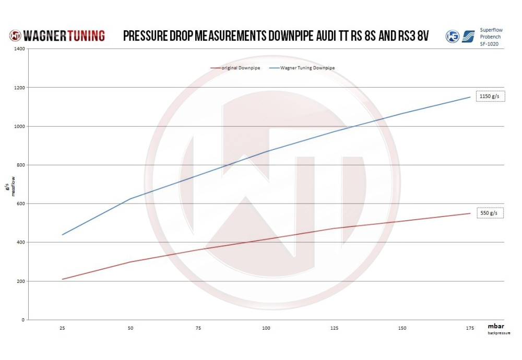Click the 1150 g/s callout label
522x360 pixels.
[490, 97]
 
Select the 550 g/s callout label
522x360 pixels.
[490, 213]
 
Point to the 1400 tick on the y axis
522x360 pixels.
[19, 49]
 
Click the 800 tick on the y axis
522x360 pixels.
[20, 165]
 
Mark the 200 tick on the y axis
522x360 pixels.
[20, 281]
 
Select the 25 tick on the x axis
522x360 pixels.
[63, 328]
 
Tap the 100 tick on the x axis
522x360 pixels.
[266, 328]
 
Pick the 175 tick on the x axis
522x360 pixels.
[470, 328]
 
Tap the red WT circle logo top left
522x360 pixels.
[16, 35]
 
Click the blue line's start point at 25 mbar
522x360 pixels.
[63, 234]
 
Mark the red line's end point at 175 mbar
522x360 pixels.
[470, 213]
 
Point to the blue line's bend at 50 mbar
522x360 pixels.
[130, 199]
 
